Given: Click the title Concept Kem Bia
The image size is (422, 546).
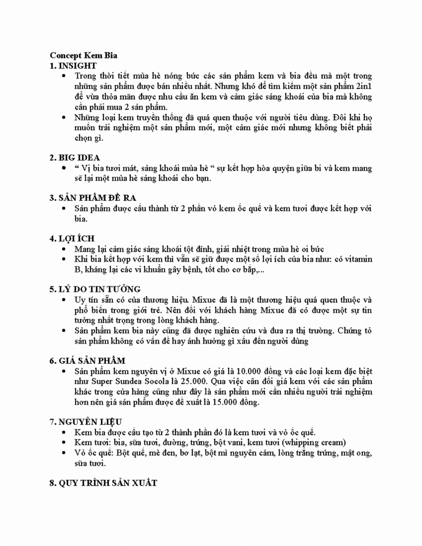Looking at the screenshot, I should [x=83, y=55].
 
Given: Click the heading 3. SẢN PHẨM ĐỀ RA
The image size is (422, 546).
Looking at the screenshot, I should [x=93, y=197].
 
